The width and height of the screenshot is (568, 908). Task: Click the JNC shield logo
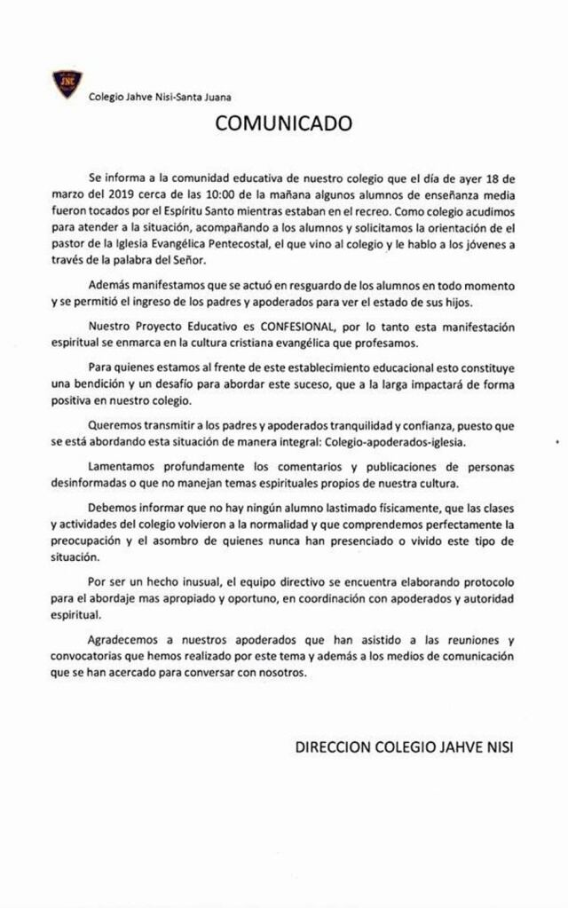pyautogui.click(x=67, y=83)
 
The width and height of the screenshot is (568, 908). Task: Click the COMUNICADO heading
pyautogui.click(x=283, y=123)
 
